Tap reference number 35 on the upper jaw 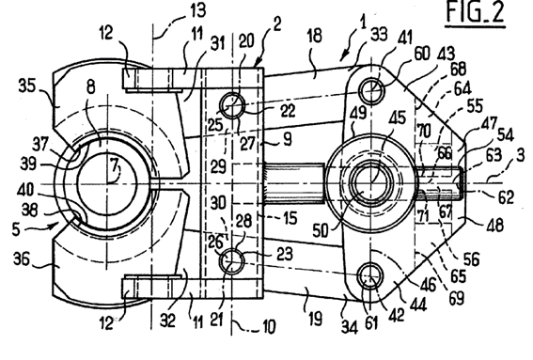pos(27,86)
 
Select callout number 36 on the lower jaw pos(22,260)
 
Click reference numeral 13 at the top pos(197,11)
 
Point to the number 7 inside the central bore pos(115,165)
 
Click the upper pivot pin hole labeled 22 pos(232,105)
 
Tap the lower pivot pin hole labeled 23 pos(232,260)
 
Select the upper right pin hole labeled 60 pos(372,91)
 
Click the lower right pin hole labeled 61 pos(371,275)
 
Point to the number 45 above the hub pos(397,117)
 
